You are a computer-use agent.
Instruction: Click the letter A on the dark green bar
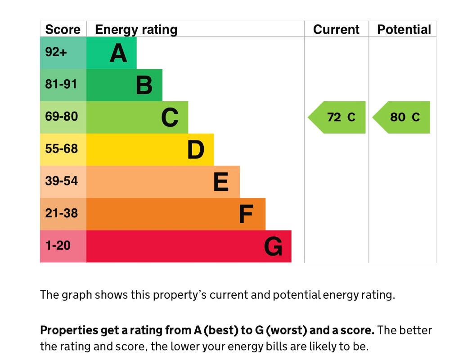tap(118, 53)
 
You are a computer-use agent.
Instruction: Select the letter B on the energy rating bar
tap(144, 85)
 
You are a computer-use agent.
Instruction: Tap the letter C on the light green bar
tap(170, 117)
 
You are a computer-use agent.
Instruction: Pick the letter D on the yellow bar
tap(196, 150)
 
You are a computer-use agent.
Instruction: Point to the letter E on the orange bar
tap(221, 182)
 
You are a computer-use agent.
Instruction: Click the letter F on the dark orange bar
tap(246, 215)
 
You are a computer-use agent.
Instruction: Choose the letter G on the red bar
tap(273, 247)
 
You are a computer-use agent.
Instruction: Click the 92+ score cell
tap(56, 52)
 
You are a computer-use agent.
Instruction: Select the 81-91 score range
tap(61, 85)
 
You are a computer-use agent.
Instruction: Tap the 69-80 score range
tap(61, 117)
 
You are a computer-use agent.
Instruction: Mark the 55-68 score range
tap(61, 149)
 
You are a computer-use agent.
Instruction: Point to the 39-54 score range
tap(61, 181)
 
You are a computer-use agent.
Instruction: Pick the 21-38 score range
tap(61, 213)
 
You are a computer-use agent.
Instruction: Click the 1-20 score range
tap(58, 246)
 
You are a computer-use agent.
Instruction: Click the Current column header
tap(336, 30)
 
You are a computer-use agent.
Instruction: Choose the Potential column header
tap(404, 30)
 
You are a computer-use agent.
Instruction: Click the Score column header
tap(63, 30)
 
